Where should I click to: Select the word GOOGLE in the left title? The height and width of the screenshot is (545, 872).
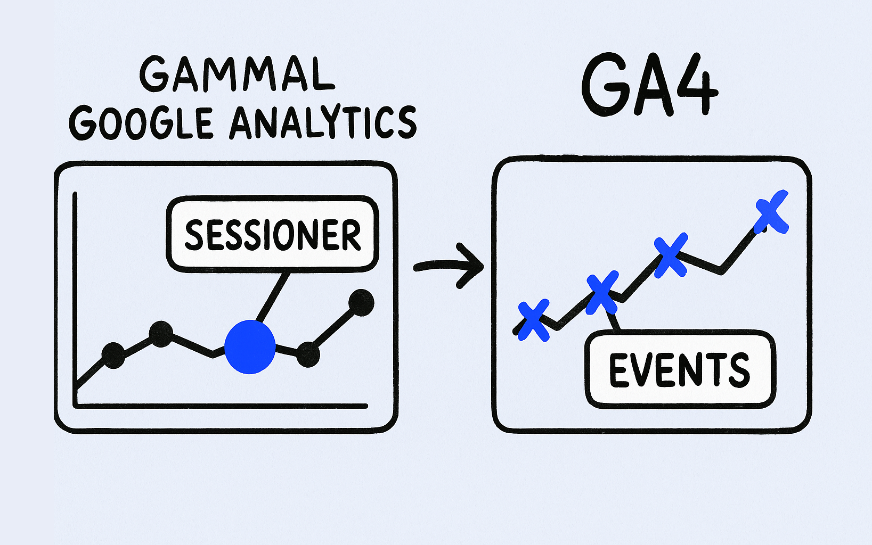141,122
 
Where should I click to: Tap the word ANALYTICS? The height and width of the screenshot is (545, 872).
323,122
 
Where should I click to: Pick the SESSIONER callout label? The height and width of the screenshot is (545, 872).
272,235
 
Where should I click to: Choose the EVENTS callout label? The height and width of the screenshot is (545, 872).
680,369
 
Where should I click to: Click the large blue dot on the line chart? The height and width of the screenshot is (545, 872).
250,346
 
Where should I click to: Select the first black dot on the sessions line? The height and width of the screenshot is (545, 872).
113,355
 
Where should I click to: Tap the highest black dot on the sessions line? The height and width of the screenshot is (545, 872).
361,302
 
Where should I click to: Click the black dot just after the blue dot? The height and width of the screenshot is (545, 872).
308,354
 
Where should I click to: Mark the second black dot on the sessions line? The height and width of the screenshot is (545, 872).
161,334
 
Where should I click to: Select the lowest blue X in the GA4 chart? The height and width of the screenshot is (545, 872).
533,320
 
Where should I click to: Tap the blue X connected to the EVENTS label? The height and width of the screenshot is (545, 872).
602,292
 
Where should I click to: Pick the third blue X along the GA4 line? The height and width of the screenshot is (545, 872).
670,255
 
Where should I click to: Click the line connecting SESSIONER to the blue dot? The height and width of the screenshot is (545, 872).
273,297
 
